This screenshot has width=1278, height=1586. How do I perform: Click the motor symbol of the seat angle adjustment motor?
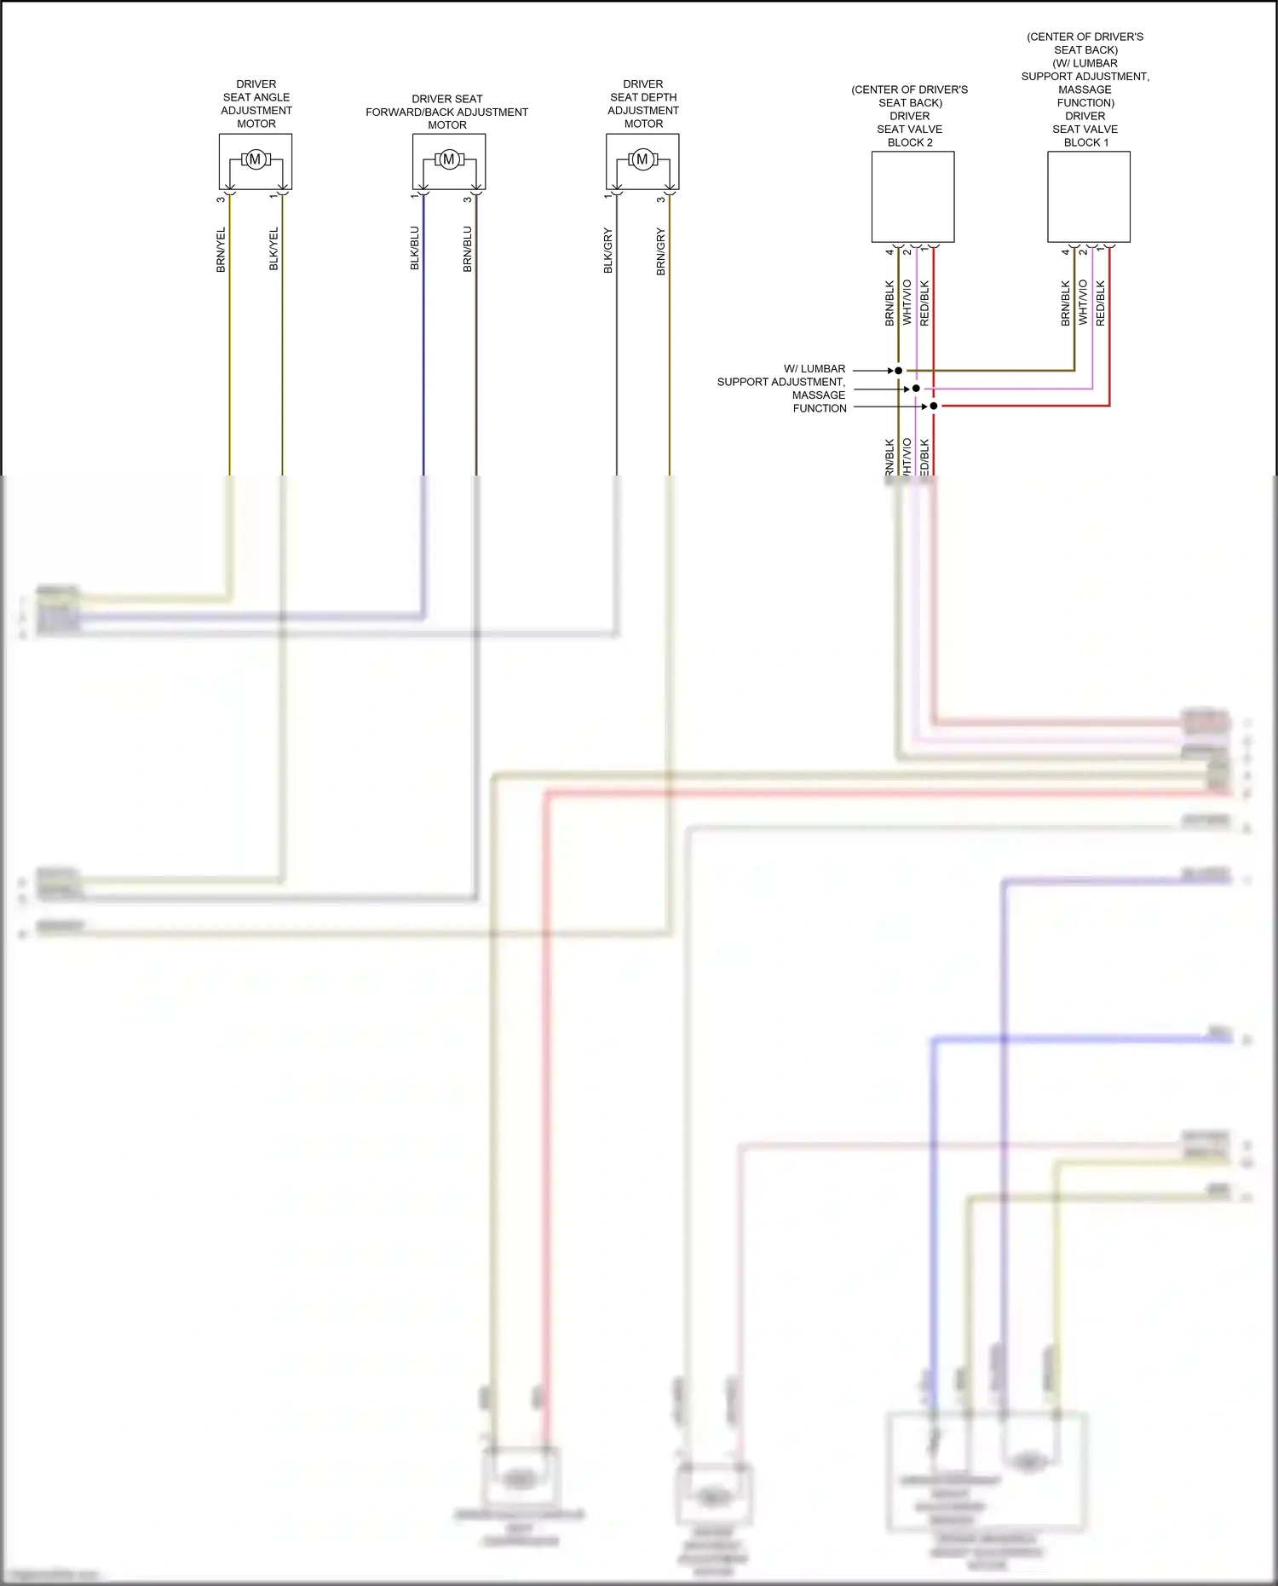pos(255,159)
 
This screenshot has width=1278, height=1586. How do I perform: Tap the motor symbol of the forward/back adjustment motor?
pos(449,159)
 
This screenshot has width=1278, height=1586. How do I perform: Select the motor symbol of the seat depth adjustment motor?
pos(642,159)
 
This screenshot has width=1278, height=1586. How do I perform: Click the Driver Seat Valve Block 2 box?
pos(912,197)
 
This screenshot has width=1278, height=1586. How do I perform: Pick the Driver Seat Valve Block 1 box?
pos(1088,197)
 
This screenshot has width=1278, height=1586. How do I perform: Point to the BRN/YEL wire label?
pos(221,250)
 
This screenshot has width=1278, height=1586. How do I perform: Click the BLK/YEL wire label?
pos(273,249)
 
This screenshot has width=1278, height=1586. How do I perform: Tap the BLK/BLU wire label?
pos(415,248)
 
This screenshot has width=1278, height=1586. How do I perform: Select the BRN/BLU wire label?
pos(467,249)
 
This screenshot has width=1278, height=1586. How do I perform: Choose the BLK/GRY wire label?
pos(608,251)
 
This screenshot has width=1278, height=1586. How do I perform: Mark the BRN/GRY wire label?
pos(660,251)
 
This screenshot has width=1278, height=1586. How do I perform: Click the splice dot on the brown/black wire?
pos(898,371)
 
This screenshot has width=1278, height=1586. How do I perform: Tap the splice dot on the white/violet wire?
pos(916,389)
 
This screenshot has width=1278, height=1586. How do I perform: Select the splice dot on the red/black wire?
pos(934,406)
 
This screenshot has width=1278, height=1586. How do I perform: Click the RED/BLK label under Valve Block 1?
pos(1100,303)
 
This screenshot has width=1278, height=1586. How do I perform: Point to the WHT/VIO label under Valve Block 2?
pos(907,303)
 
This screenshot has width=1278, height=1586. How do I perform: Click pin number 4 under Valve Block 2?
pos(889,252)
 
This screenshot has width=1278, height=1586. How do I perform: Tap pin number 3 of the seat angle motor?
pos(221,199)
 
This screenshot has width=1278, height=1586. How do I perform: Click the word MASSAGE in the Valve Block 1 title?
pos(1085,89)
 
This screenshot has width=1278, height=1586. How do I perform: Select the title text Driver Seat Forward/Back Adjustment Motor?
pos(446,112)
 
